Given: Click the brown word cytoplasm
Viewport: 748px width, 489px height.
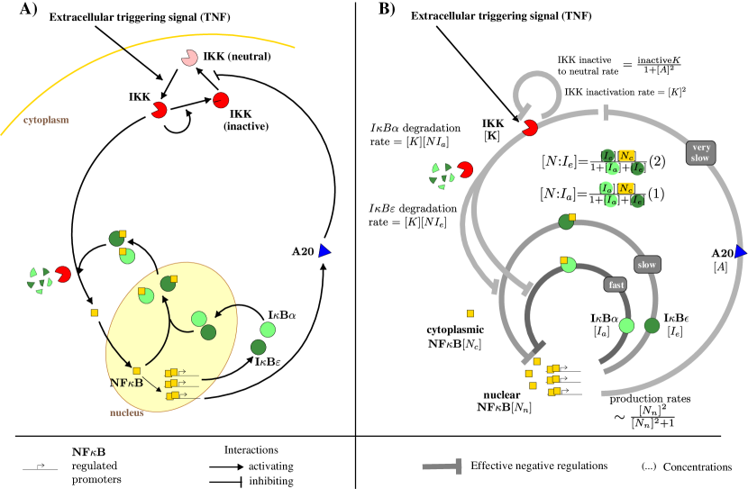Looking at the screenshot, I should pos(46,120).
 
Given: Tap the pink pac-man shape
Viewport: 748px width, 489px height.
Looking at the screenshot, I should pos(189,58).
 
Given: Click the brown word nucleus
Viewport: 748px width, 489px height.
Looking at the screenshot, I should pos(127,412).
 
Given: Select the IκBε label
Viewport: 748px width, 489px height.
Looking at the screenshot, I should pos(269,362).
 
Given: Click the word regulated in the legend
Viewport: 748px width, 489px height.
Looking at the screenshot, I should pos(95,466).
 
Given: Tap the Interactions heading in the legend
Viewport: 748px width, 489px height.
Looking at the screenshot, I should pos(251,449).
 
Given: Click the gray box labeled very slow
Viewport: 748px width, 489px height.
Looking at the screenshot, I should pos(700,152).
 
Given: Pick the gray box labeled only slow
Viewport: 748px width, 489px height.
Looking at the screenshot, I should pos(646,265).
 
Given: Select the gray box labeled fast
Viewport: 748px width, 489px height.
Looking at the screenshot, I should pos(616,285).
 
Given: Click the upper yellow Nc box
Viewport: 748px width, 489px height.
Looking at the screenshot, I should pos(626,156).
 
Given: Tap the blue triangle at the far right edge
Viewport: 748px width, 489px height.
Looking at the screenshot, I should pos(740,252).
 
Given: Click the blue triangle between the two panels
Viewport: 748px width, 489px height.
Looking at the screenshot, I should pos(324,251).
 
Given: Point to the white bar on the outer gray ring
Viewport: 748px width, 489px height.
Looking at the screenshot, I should pos(601,112).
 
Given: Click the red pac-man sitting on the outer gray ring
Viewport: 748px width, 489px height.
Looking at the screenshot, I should pos(530,128).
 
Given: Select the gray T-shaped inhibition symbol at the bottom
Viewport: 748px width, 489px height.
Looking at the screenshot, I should pos(443,466).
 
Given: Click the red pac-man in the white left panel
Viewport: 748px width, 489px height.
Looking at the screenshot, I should pos(63,274).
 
